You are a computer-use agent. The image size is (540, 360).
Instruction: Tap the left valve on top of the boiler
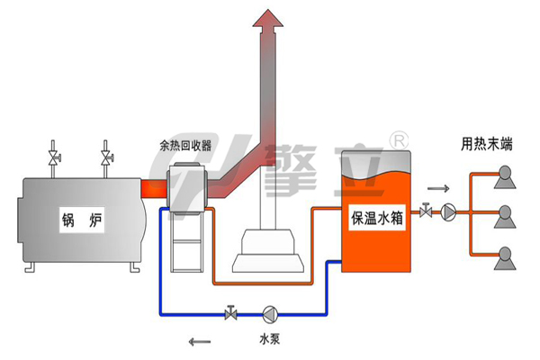[x=55, y=158]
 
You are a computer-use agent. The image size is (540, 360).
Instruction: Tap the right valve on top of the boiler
[x=107, y=158]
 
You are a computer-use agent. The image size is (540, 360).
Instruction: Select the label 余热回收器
[x=184, y=145]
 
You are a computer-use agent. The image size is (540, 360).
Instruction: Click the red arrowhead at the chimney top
[x=265, y=18]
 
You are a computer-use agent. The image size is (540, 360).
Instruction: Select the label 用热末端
[x=486, y=143]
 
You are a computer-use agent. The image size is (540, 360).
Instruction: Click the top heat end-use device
[x=503, y=175]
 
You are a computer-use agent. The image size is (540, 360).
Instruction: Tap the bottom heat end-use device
[x=503, y=256]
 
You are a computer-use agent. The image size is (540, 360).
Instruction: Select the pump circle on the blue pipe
[x=269, y=314]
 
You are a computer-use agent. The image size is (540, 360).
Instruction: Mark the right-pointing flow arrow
[x=436, y=189]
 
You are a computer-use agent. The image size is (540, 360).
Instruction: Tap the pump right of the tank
[x=448, y=213]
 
